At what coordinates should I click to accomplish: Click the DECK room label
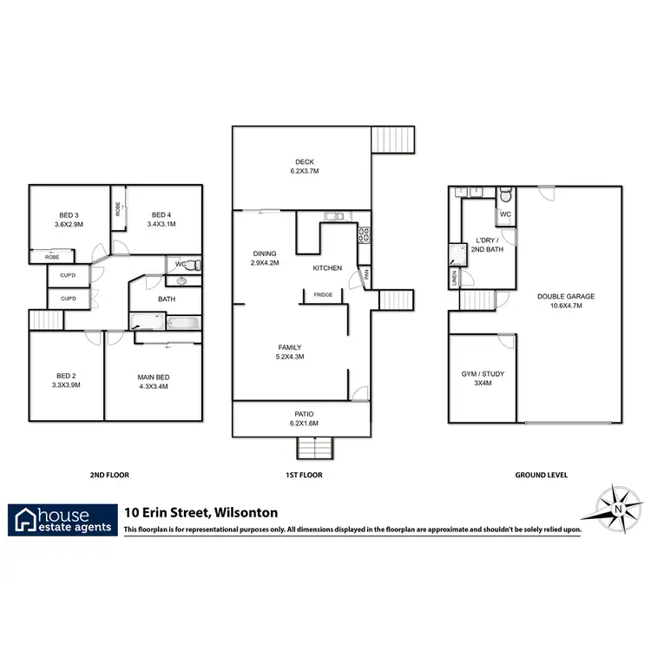point(304,161)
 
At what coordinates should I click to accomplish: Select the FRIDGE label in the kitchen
point(323,294)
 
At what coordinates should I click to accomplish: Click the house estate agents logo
point(62,518)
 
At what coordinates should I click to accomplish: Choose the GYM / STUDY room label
point(483,373)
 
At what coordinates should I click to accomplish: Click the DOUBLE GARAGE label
point(565,296)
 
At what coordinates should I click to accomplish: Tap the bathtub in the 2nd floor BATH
point(183,324)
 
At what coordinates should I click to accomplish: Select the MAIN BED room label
point(153,376)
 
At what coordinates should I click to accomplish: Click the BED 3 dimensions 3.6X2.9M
point(69,225)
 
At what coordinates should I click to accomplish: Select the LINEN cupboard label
point(454,279)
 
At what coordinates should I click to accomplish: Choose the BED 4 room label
point(162,214)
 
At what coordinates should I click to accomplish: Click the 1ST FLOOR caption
point(303,475)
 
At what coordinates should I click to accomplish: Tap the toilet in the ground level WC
point(504,194)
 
